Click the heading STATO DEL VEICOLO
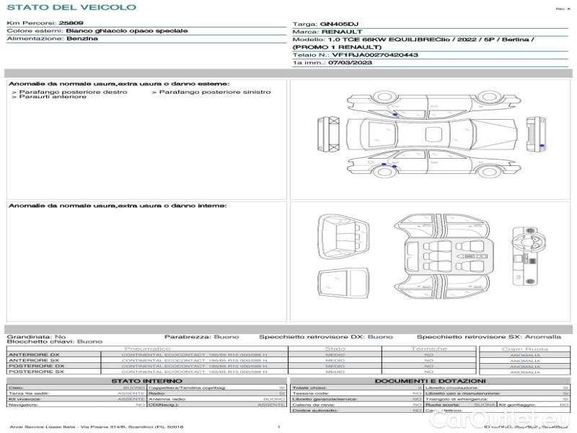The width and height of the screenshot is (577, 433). click(x=71, y=7)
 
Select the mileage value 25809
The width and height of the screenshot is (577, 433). click(x=71, y=24)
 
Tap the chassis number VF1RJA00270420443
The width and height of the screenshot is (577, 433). click(x=375, y=55)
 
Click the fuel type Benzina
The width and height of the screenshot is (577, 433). click(x=82, y=39)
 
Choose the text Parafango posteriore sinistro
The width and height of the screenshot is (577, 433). click(x=214, y=92)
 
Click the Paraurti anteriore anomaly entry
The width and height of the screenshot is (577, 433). click(x=53, y=97)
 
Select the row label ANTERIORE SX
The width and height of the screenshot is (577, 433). click(x=33, y=360)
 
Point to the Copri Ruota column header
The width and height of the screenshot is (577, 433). click(x=524, y=349)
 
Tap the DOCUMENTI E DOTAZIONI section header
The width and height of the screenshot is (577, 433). click(x=430, y=380)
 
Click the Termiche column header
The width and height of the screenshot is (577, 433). click(x=429, y=349)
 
